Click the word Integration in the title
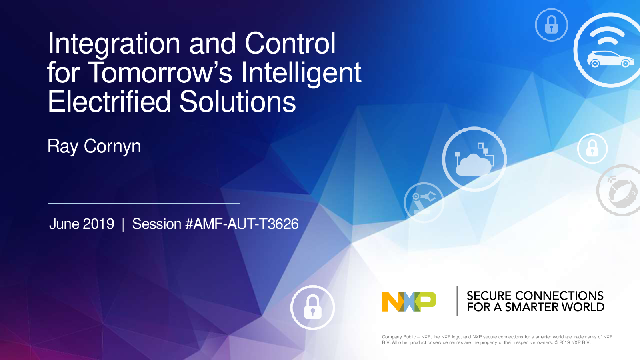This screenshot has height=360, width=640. click(x=114, y=44)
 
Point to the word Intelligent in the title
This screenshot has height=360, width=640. click(x=301, y=73)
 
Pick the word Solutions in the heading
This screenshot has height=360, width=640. click(x=238, y=102)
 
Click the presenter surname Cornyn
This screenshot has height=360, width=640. click(x=112, y=146)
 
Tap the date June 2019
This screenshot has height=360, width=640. click(x=82, y=224)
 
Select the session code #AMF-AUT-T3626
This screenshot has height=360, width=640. click(x=242, y=224)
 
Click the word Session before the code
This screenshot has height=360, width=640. click(x=156, y=224)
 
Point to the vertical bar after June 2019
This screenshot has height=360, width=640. click(x=123, y=224)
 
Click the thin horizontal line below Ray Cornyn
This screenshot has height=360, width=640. click(x=144, y=203)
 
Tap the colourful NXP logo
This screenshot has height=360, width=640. click(x=409, y=302)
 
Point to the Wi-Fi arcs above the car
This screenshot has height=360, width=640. click(x=607, y=36)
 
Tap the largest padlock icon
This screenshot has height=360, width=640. click(x=312, y=307)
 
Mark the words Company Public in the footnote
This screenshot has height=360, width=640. click(x=399, y=337)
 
